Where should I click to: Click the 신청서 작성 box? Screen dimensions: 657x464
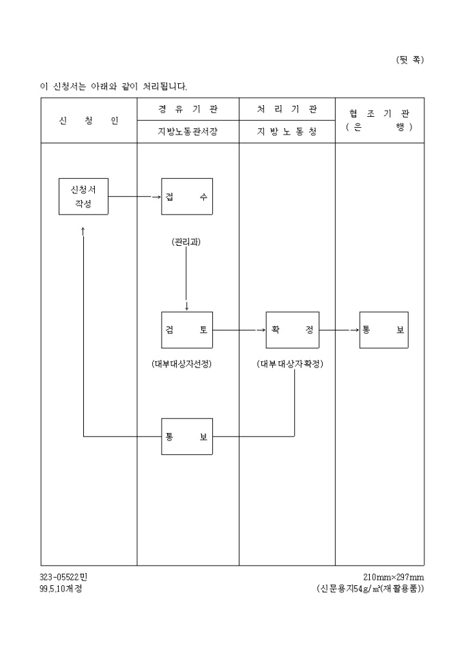coord(83,197)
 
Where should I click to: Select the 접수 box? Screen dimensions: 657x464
coord(186,197)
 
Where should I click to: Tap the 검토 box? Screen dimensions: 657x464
coord(186,330)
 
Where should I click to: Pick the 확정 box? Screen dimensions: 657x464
coord(292,330)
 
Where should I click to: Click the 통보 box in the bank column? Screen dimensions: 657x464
coord(383,330)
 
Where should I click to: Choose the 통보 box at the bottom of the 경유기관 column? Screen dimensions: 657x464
coord(186,436)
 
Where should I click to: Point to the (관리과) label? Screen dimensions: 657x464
coord(186,242)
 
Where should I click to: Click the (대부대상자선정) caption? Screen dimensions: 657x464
coord(182,364)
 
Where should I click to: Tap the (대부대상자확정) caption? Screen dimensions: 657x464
coord(290,364)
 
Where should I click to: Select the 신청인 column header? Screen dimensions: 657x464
coord(89,121)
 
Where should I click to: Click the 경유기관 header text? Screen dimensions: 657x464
coord(188,109)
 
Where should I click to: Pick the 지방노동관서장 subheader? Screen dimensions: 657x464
coord(188,132)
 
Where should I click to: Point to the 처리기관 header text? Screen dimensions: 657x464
coord(287,109)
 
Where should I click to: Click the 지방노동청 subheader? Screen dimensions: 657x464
coord(287,132)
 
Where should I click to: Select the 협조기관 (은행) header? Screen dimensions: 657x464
coord(379,120)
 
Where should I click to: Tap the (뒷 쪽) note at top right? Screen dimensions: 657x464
coord(409,59)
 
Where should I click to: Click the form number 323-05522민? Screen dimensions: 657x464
coord(63,577)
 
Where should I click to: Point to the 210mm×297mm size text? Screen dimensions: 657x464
coord(394,577)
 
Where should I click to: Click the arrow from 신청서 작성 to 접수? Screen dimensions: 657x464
coord(134,197)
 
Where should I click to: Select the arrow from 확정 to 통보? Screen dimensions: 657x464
coord(339,330)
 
